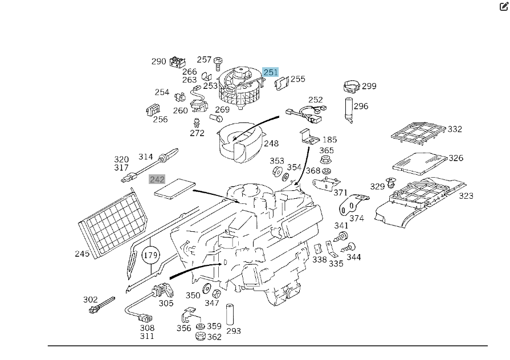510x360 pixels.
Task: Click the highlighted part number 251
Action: pyautogui.click(x=271, y=72)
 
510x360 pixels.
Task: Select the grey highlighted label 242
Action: pyautogui.click(x=157, y=179)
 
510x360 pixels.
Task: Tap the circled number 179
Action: pyautogui.click(x=150, y=255)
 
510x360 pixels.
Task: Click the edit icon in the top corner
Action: pyautogui.click(x=503, y=7)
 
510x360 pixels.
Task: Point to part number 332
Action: pyautogui.click(x=455, y=129)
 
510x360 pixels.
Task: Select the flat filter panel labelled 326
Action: pyautogui.click(x=420, y=162)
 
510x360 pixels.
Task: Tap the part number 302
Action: pyautogui.click(x=90, y=300)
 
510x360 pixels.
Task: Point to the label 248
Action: pyautogui.click(x=271, y=144)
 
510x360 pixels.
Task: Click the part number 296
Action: pyautogui.click(x=361, y=106)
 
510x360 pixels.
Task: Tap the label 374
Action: pyautogui.click(x=357, y=218)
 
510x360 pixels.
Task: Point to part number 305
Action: pyautogui.click(x=166, y=303)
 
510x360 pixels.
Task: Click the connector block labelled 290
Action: pyautogui.click(x=178, y=62)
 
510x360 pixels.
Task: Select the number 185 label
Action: pyautogui.click(x=330, y=140)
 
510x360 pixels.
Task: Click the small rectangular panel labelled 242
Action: pyautogui.click(x=174, y=188)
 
